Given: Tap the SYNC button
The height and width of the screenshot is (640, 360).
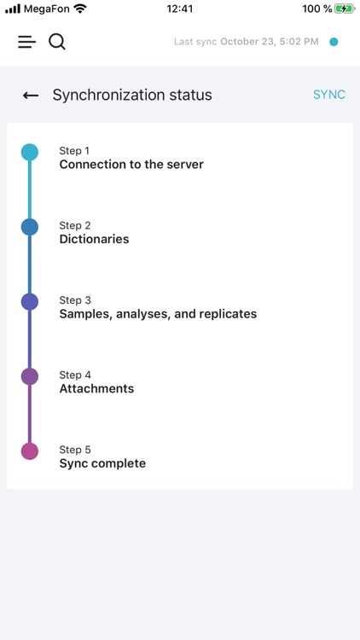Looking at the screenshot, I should pos(328,95).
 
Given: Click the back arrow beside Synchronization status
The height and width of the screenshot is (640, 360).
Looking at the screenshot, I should pos(31,96).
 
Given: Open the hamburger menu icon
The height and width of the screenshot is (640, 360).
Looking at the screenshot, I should pos(27,42).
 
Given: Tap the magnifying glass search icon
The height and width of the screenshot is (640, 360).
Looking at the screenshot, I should pos(57,42).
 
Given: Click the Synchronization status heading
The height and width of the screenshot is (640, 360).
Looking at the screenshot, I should pos(132,95).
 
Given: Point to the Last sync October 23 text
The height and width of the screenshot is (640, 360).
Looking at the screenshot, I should pos(246,42).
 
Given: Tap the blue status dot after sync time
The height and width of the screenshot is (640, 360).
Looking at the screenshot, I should pos(334,42).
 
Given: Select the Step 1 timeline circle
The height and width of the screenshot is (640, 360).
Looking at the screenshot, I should pos(30,153).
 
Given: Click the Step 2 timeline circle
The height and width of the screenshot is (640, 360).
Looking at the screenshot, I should pos(30,227).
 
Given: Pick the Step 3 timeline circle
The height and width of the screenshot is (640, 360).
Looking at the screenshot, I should pos(30,302).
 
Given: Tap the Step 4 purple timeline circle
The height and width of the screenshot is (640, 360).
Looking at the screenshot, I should pos(30,376).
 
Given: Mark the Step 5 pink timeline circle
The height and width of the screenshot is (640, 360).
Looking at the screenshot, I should pos(30,451).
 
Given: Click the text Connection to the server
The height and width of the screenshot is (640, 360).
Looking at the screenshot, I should pos(131,165).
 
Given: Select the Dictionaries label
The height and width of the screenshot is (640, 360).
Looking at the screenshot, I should pos(94,240).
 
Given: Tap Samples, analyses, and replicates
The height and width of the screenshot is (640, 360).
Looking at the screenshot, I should pos(158,314).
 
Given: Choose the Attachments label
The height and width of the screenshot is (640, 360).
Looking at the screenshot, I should pos(96,389).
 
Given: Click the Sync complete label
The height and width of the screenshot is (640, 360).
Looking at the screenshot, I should pos(102,464).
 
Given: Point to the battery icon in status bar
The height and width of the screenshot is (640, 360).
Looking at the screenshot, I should pos(345,9).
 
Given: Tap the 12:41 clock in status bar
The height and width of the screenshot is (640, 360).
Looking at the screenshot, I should pos(180,9).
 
